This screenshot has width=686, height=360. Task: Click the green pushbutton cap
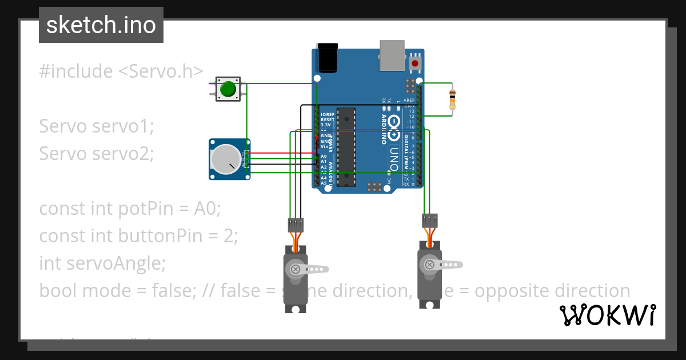pyautogui.click(x=228, y=89)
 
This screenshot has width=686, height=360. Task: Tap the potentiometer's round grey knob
pyautogui.click(x=225, y=159)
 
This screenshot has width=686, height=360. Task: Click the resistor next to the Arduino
pyautogui.click(x=453, y=99)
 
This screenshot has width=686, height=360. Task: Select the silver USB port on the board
pyautogui.click(x=392, y=55)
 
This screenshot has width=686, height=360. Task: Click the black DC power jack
pyautogui.click(x=328, y=57)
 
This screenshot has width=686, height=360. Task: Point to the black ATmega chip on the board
pyautogui.click(x=345, y=147)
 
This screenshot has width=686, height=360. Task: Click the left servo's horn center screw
pyautogui.click(x=296, y=268)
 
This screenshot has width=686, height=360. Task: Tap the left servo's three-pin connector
pyautogui.click(x=296, y=224)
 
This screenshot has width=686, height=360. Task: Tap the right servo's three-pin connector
pyautogui.click(x=429, y=219)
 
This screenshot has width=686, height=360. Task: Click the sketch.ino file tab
pyautogui.click(x=101, y=25)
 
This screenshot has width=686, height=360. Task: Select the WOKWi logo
pyautogui.click(x=607, y=315)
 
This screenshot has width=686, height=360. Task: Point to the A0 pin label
pyautogui.click(x=324, y=156)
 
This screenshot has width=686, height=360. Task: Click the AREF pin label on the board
pyautogui.click(x=409, y=100)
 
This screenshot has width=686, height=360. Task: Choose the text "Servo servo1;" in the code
pyautogui.click(x=97, y=126)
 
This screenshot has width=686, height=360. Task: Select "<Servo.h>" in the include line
pyautogui.click(x=161, y=71)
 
